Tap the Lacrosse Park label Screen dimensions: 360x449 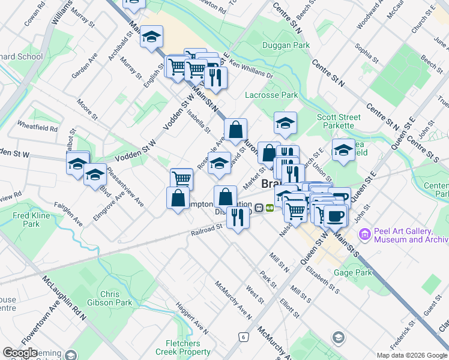pos(271,95)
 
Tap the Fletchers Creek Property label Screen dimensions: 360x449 pos(182,347)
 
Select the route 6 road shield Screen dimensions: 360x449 pos(243,337)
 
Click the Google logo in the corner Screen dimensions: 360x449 pos(20,353)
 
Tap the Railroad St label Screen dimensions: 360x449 pos(207,230)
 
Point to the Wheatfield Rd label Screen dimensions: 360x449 pos(37,128)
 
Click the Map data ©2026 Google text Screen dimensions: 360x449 pos(411,355)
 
